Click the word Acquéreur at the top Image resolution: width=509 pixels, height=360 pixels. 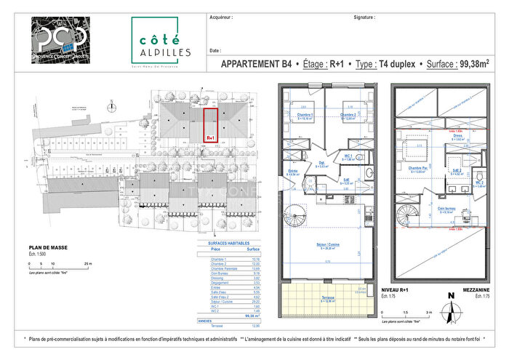pos(221,15)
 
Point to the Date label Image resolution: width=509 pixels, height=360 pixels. pos(215,51)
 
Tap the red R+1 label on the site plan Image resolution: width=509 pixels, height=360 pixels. pos(210,137)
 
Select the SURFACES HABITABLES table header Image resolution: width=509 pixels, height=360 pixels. pos(228,243)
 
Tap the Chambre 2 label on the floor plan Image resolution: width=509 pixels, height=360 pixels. pos(348,115)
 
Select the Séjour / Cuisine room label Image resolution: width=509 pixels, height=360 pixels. pos(331,244)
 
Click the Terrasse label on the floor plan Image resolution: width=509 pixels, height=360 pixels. pos(329,297)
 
